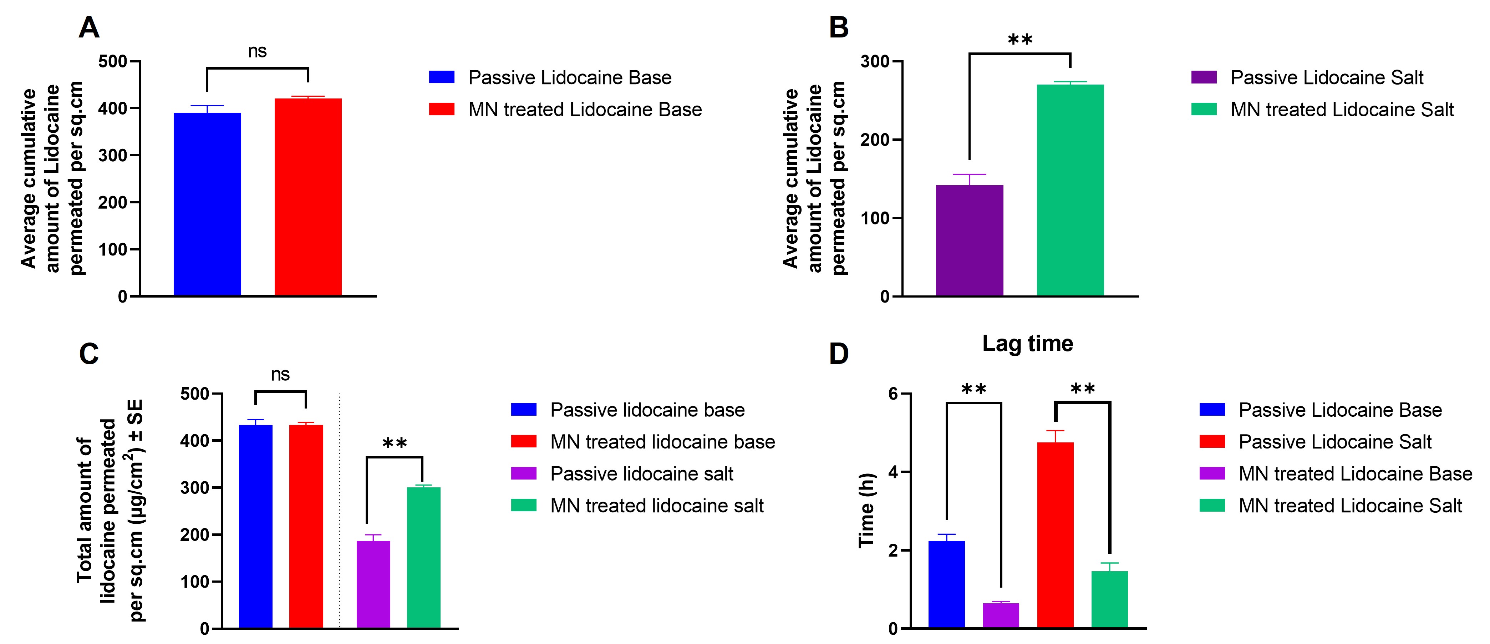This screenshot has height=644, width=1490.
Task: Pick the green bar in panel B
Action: pyautogui.click(x=1070, y=191)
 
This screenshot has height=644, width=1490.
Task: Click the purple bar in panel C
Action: pyautogui.click(x=373, y=584)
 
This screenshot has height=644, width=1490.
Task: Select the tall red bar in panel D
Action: pyautogui.click(x=1055, y=535)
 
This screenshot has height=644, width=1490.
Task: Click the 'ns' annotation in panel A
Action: pyautogui.click(x=258, y=51)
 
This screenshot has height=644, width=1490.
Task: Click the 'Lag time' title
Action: pyautogui.click(x=1027, y=344)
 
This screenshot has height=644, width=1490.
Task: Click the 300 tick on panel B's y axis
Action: pyautogui.click(x=875, y=61)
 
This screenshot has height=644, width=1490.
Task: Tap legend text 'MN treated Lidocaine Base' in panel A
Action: pyautogui.click(x=585, y=110)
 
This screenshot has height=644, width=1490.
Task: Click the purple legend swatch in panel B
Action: pyautogui.click(x=1204, y=77)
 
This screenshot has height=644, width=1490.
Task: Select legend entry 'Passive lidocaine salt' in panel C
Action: pyautogui.click(x=641, y=474)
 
